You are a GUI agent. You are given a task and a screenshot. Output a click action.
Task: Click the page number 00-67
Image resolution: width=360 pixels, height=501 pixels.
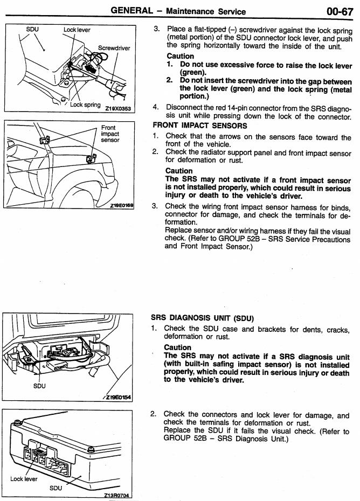pos(340,11)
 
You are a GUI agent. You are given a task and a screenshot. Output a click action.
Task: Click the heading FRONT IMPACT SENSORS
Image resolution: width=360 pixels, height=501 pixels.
pos(200,126)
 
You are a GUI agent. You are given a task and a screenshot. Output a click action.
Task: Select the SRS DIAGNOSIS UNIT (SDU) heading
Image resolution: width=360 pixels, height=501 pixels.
pos(202,318)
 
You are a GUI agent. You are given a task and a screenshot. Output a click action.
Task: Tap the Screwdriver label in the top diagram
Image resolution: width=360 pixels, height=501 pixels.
pos(114,48)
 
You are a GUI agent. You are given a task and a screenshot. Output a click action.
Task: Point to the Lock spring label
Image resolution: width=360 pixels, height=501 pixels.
pos(85,105)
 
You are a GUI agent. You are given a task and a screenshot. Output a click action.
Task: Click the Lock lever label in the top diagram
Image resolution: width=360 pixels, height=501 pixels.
pos(77,30)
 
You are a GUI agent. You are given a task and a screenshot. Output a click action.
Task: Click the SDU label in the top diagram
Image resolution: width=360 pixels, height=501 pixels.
pos(32,30)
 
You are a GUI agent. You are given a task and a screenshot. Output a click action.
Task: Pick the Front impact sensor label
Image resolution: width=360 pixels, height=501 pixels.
pos(110,134)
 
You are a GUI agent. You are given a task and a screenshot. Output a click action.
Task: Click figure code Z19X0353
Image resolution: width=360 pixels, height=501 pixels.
pos(118,108)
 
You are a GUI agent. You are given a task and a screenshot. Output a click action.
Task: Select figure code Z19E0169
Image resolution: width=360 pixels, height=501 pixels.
pos(121,205)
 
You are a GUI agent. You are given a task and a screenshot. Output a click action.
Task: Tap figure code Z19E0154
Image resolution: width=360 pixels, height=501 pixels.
pos(119,397)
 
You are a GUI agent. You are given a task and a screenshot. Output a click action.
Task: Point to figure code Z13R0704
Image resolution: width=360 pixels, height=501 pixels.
pos(117,495)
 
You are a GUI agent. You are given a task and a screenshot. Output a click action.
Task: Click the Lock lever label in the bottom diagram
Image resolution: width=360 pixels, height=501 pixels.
pos(24,479)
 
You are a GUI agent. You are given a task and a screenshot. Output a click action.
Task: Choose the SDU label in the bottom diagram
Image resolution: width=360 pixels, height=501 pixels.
pos(56,488)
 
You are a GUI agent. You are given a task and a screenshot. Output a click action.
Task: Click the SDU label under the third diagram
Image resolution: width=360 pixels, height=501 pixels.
pos(39,386)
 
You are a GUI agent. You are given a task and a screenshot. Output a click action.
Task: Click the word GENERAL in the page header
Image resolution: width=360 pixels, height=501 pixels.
pos(131,11)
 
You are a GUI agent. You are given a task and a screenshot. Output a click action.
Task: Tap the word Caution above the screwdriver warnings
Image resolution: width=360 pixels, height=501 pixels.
pos(181,56)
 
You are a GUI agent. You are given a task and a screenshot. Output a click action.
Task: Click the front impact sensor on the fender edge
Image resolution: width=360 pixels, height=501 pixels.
pos(92,158)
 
